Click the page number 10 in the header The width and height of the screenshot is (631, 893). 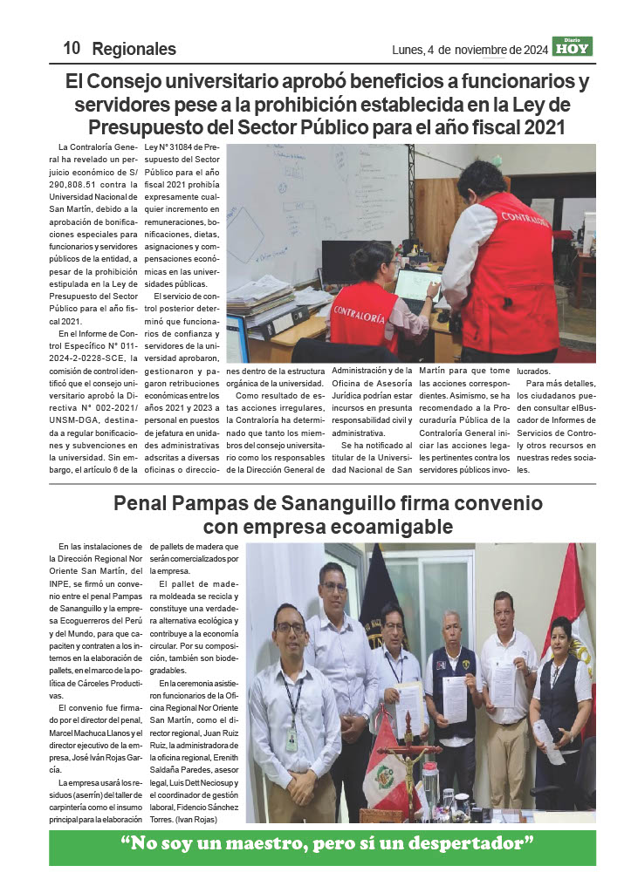pyautogui.click(x=72, y=50)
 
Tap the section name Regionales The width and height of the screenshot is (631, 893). pyautogui.click(x=134, y=50)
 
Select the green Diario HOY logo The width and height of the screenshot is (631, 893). pyautogui.click(x=572, y=47)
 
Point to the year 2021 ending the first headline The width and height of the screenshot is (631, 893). pyautogui.click(x=545, y=128)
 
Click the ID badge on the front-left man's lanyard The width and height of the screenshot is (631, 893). pyautogui.click(x=291, y=738)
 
